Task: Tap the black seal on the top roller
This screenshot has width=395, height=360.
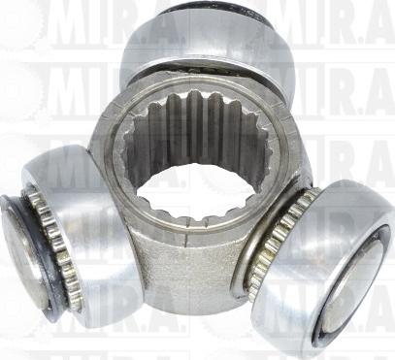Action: point(209,11)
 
